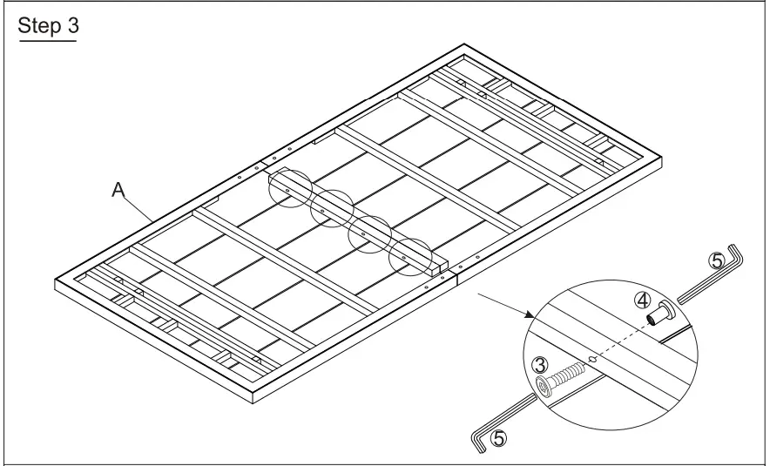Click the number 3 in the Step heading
(71, 26)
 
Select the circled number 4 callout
(642, 301)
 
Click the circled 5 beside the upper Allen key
(716, 261)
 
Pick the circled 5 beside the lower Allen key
(497, 438)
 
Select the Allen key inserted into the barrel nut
(710, 279)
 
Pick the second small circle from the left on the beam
(331, 210)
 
